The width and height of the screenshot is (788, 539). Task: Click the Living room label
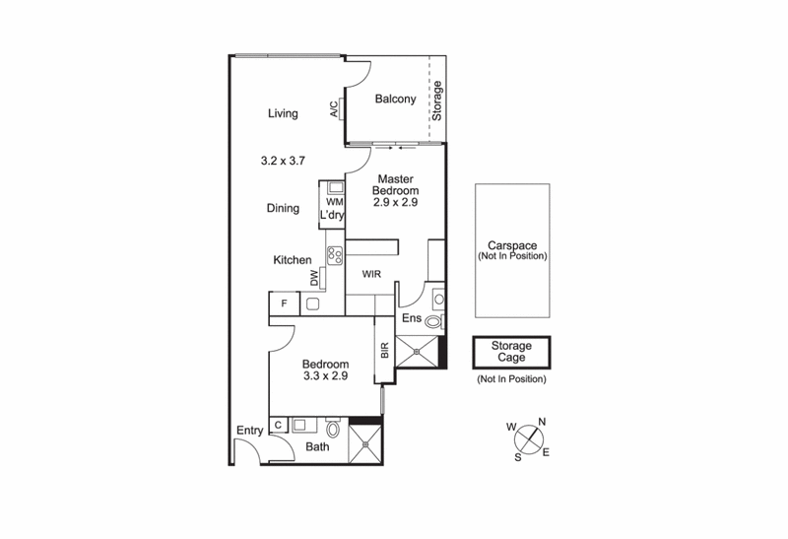coord(283,114)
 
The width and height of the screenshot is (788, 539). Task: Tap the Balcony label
coord(396,99)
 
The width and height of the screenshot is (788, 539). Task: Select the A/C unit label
coord(334,109)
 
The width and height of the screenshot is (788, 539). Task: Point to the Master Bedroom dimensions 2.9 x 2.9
coord(396,202)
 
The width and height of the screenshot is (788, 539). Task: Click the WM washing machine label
coord(333,202)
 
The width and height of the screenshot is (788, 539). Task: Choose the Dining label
coord(283,208)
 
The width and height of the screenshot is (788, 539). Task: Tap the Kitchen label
coord(293,260)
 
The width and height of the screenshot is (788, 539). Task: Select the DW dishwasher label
coord(314,280)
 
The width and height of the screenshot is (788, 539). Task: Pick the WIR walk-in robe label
coord(371,275)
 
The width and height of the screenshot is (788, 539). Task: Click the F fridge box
coord(283,303)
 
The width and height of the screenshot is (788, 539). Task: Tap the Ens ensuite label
coord(413,317)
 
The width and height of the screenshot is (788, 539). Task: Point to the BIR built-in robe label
coord(385,349)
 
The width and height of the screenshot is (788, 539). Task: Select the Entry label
coord(249,430)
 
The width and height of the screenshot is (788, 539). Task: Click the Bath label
coord(317,446)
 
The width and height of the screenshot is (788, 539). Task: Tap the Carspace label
coord(511,245)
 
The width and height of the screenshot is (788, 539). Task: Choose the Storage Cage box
coord(511,352)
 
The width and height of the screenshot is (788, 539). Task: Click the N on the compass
coord(541,424)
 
